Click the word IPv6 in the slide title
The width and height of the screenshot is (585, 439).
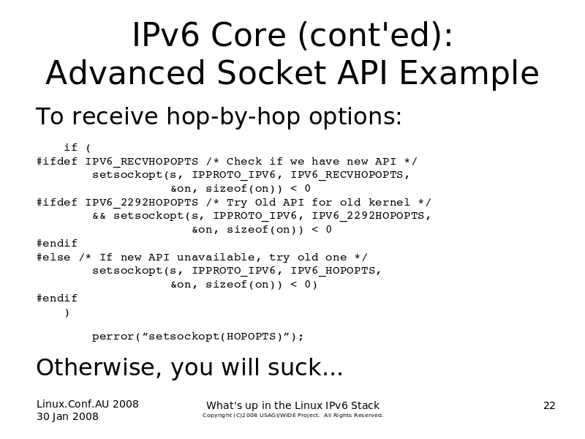165,34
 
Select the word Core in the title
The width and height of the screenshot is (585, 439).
249,34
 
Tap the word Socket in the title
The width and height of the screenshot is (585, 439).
271,72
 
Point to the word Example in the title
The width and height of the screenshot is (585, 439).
469,75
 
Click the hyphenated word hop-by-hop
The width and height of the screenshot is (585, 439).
233,116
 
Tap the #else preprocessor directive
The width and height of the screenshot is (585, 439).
53,258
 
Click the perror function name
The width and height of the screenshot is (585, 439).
113,337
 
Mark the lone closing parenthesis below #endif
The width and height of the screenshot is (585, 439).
67,312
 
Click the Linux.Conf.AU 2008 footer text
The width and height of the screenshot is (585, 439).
87,404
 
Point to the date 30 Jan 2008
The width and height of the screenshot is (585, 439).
67,416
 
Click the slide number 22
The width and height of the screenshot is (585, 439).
549,405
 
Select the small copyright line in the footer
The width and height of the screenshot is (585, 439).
293,415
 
